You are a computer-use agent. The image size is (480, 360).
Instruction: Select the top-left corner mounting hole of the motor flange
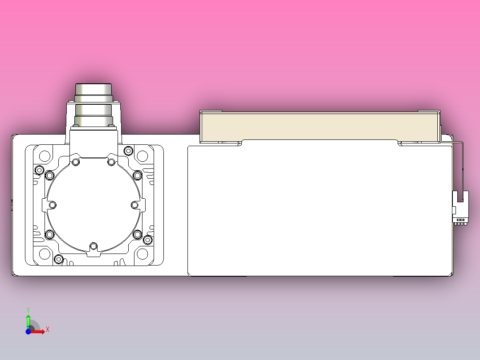(x=45, y=156)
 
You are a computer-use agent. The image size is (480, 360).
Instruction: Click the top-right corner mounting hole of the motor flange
(x=142, y=156)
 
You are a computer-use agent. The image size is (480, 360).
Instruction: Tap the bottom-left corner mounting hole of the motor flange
(x=45, y=254)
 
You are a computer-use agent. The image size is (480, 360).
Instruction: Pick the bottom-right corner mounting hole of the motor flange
(x=142, y=254)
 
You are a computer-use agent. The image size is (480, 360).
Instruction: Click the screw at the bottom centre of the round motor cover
(x=93, y=246)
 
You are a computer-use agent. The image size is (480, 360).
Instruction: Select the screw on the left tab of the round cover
(x=53, y=205)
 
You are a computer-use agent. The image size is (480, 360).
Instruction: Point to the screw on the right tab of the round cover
(x=134, y=205)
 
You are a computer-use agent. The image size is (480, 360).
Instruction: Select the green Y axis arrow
(x=28, y=319)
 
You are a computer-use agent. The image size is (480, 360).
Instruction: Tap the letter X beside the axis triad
(x=48, y=330)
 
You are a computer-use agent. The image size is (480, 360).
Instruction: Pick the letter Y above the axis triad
(x=28, y=309)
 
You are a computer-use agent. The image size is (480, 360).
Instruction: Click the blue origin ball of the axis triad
(x=28, y=331)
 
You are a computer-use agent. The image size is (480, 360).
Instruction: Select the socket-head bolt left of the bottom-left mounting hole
(x=59, y=259)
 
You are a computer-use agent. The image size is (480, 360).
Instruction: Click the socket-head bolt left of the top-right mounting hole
(x=129, y=151)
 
